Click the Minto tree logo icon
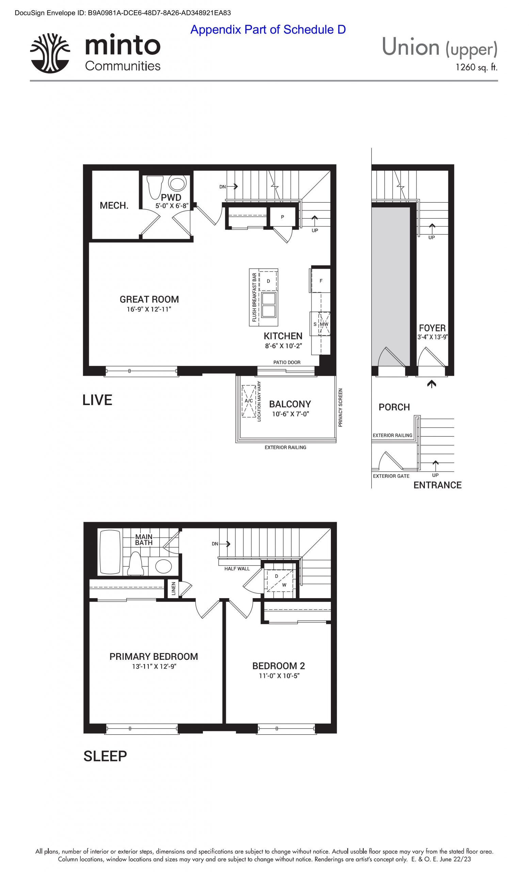[x=50, y=53]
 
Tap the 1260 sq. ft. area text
[x=476, y=67]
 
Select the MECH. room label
[x=114, y=206]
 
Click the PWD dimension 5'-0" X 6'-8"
[x=172, y=206]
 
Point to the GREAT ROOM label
[x=149, y=299]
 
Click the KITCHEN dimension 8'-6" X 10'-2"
[x=283, y=346]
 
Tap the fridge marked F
[x=321, y=281]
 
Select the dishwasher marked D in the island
[x=268, y=281]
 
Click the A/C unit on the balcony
[x=249, y=401]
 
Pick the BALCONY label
[x=290, y=404]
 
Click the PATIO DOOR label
[x=287, y=362]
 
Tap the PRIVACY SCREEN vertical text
[x=340, y=408]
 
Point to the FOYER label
[x=432, y=328]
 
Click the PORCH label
[x=394, y=407]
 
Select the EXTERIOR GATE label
[x=391, y=476]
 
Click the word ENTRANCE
[x=437, y=485]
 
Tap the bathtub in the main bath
[x=110, y=552]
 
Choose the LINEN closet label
[x=173, y=589]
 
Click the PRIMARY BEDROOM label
[x=154, y=657]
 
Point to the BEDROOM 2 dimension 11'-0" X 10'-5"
[x=279, y=675]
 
